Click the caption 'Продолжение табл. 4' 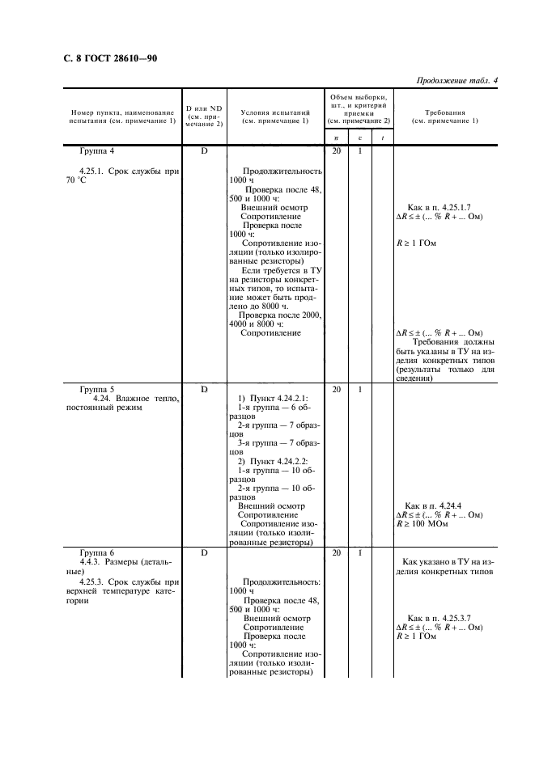[x=457, y=80]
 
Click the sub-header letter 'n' [x=337, y=138]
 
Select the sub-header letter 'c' [x=360, y=138]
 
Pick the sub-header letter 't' [x=382, y=138]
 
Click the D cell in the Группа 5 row [x=204, y=388]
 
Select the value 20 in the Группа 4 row [x=337, y=151]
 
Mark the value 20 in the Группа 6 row [x=337, y=552]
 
